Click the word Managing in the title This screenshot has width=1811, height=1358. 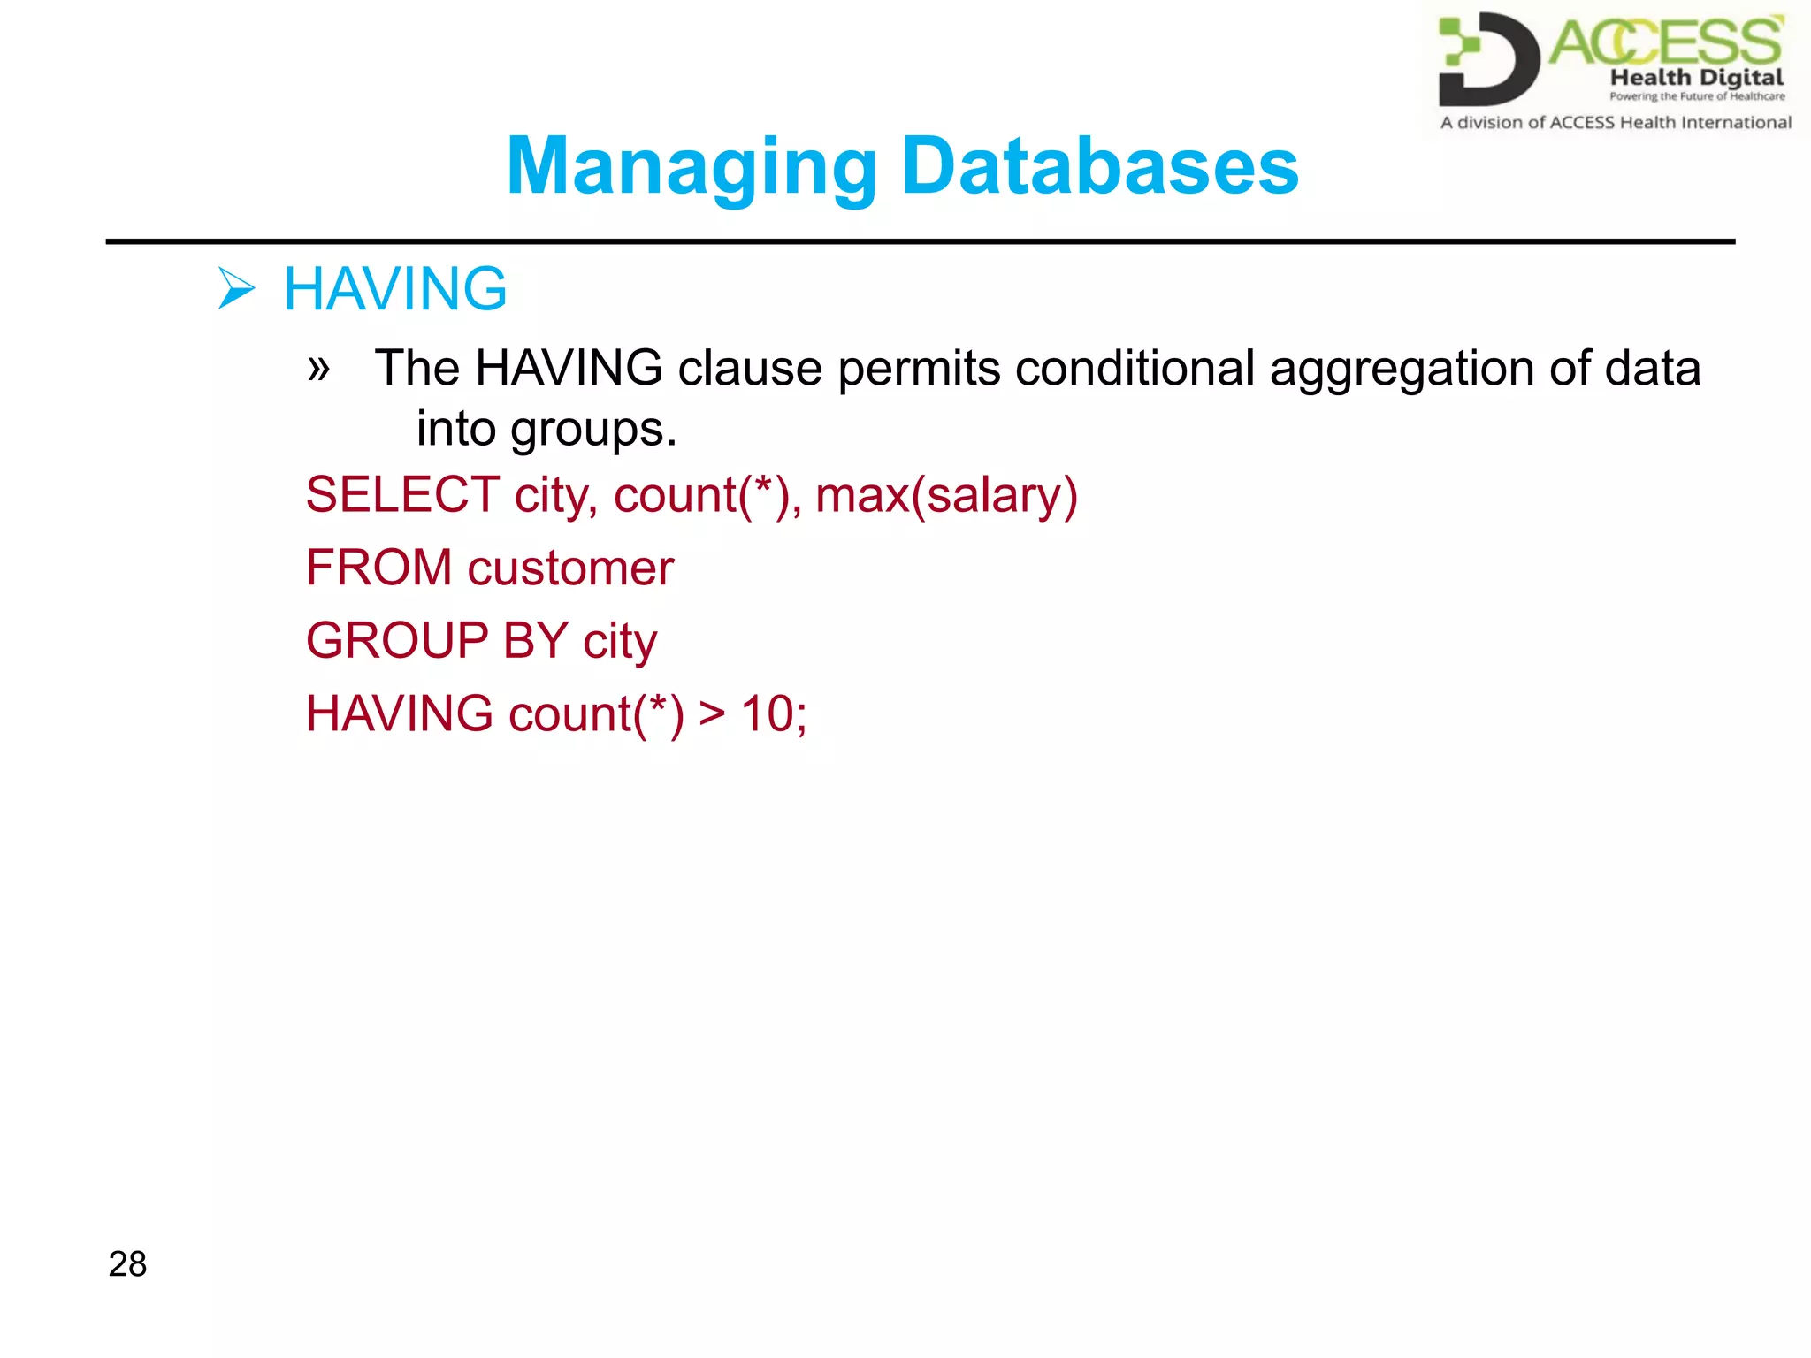click(x=692, y=167)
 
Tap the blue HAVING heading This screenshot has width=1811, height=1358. click(x=395, y=289)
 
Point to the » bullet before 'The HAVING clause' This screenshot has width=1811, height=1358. click(x=318, y=367)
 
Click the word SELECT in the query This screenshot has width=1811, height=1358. click(x=402, y=494)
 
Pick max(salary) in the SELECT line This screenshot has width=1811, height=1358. click(x=946, y=496)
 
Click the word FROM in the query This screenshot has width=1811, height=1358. click(x=378, y=568)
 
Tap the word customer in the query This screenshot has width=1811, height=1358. click(x=570, y=568)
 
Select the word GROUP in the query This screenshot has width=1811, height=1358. click(x=397, y=640)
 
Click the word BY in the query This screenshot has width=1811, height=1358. click(x=535, y=640)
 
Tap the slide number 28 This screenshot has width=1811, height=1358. click(x=127, y=1264)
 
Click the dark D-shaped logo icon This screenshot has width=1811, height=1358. click(x=1488, y=58)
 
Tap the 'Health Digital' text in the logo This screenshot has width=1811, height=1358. click(x=1696, y=78)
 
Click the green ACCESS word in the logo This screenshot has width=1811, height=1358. click(x=1665, y=42)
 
